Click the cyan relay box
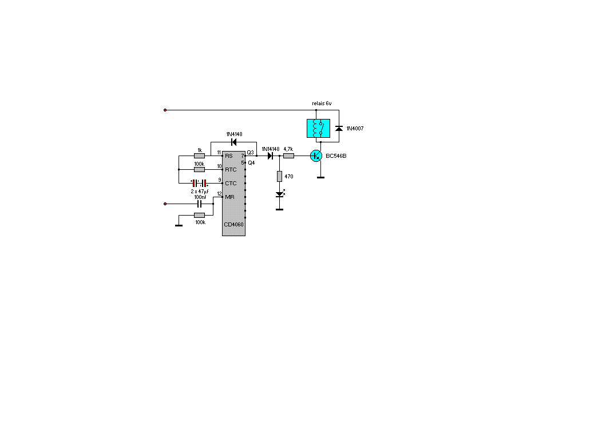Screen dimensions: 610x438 click(318, 128)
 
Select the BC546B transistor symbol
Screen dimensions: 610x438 click(316, 156)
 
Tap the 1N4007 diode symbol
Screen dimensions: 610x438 click(339, 128)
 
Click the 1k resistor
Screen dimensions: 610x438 click(199, 156)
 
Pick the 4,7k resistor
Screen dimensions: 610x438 click(288, 156)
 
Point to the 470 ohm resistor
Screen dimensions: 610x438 click(279, 177)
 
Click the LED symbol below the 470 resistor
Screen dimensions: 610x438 click(280, 194)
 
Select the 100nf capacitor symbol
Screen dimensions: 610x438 click(200, 204)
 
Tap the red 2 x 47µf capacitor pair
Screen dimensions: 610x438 click(199, 183)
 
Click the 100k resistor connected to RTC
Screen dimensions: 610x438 click(199, 169)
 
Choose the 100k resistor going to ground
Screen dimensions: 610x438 click(199, 216)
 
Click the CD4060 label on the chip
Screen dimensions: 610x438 click(234, 225)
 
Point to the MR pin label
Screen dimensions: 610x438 click(229, 197)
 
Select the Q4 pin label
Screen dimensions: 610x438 click(251, 163)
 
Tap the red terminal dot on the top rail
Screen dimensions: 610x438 click(165, 110)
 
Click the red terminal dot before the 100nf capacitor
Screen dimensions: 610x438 click(165, 204)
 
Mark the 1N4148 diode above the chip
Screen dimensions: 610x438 click(234, 142)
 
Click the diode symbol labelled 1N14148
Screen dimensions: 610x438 click(270, 156)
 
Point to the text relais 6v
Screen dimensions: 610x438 click(322, 103)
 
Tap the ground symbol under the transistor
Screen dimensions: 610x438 click(320, 178)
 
